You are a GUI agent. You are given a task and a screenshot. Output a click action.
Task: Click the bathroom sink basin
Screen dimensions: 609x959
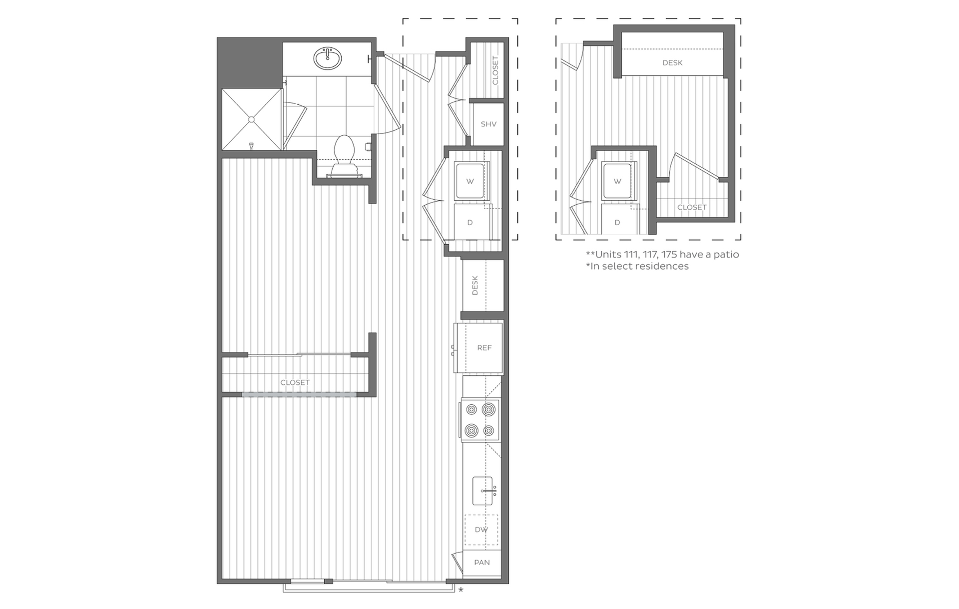click(x=328, y=59)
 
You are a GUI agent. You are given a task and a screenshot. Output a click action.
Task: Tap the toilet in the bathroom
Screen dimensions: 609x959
click(x=344, y=152)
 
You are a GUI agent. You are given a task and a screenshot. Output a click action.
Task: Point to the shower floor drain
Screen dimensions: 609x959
click(x=252, y=119)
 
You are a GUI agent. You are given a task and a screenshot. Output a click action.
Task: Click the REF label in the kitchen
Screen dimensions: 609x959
click(x=484, y=348)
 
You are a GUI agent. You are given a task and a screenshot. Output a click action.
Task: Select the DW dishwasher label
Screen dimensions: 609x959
click(x=481, y=530)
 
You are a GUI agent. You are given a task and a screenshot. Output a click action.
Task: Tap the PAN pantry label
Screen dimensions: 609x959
click(x=481, y=563)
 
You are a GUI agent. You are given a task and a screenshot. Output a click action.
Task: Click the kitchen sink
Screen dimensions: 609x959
click(x=483, y=490)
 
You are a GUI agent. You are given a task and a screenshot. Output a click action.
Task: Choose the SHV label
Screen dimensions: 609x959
click(x=488, y=124)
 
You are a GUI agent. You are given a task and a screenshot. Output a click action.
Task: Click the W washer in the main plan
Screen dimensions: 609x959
click(x=470, y=181)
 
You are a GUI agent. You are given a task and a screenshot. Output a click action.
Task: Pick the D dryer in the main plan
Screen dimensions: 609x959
click(x=470, y=223)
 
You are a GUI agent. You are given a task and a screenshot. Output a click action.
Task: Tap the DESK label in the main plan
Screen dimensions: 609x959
click(x=475, y=286)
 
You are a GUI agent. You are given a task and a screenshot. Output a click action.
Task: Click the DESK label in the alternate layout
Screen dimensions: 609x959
click(x=672, y=63)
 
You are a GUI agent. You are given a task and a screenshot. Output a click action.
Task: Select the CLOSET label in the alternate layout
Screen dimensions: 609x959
click(x=692, y=207)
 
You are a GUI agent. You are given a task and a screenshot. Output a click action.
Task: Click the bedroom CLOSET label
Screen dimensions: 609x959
click(x=295, y=382)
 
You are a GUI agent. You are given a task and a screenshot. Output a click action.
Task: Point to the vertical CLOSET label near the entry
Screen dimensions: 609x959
click(x=495, y=70)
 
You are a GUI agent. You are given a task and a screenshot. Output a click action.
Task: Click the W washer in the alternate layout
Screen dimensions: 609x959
click(x=617, y=181)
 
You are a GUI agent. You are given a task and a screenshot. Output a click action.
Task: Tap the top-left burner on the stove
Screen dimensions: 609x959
click(x=472, y=410)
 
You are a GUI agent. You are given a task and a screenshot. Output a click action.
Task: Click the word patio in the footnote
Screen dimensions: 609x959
click(x=726, y=255)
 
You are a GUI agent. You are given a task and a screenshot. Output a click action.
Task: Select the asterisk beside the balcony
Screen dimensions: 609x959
click(x=461, y=590)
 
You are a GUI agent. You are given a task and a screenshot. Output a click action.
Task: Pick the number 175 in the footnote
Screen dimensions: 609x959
click(x=669, y=255)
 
